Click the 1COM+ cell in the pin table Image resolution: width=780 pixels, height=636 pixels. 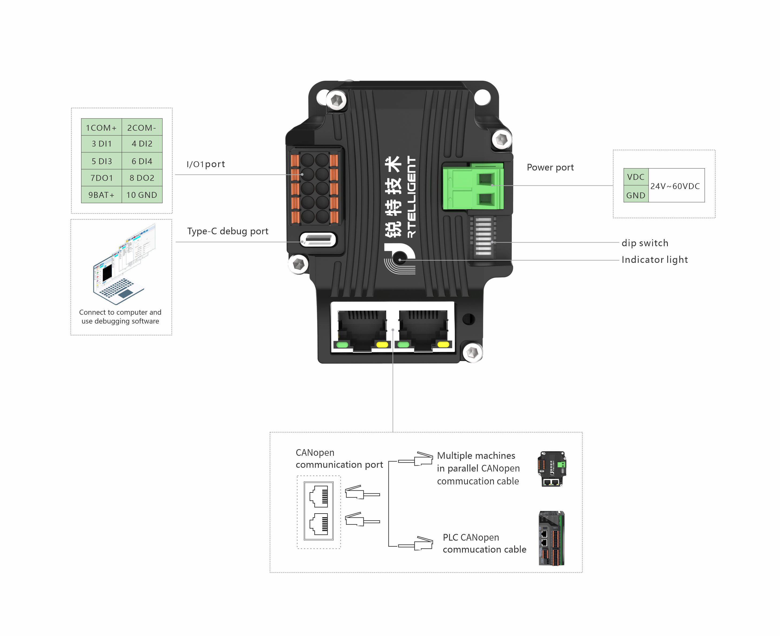(101, 128)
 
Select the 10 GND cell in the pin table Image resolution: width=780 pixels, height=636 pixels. (142, 195)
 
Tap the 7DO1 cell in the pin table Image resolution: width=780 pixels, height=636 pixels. (101, 178)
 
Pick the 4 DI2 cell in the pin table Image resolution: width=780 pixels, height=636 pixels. (142, 144)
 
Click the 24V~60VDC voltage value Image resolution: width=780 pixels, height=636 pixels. (675, 186)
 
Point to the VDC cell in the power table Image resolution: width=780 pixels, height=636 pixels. (635, 177)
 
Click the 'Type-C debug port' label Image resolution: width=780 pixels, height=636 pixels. (228, 231)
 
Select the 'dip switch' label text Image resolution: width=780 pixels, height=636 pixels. (645, 243)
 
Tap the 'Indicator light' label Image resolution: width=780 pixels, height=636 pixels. (654, 260)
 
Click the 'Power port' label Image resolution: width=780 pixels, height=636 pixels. (550, 167)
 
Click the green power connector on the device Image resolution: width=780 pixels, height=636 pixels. (473, 187)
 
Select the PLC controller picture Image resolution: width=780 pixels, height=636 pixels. (551, 538)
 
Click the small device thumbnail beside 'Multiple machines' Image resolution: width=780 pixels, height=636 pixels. (552, 469)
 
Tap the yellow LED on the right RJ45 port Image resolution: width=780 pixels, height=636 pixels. (443, 344)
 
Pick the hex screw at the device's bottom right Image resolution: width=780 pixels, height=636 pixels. (472, 352)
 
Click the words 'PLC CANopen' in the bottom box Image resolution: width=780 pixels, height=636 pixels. (471, 537)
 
